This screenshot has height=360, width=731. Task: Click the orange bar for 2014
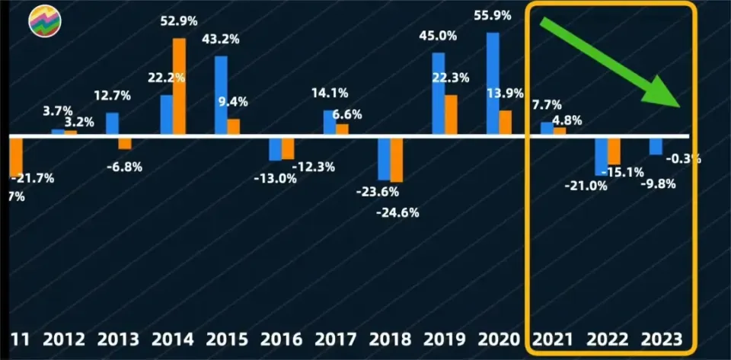pyautogui.click(x=179, y=86)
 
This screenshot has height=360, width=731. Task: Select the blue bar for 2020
pyautogui.click(x=493, y=84)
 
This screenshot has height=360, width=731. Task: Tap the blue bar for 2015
pyautogui.click(x=221, y=95)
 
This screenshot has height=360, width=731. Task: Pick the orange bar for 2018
pyautogui.click(x=396, y=160)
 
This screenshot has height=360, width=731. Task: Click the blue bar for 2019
pyautogui.click(x=439, y=94)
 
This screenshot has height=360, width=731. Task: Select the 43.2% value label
pyautogui.click(x=220, y=39)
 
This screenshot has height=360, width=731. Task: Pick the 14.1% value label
pyautogui.click(x=330, y=93)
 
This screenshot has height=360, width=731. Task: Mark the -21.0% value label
pyautogui.click(x=586, y=186)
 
